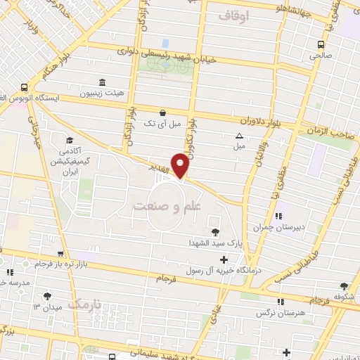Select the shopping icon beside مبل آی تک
[163, 112]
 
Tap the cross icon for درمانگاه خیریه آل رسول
[224, 260]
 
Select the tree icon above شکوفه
[343, 285]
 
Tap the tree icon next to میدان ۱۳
[47, 296]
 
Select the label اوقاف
[235, 14]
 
